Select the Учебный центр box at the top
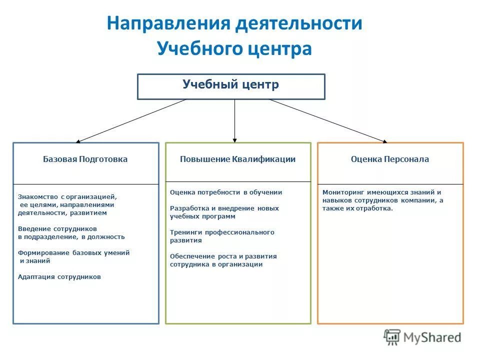click(x=231, y=86)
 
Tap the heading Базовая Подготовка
click(x=85, y=159)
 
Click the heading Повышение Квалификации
click(x=237, y=159)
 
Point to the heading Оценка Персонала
click(x=390, y=159)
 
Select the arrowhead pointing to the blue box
click(x=79, y=141)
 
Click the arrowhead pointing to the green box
click(x=235, y=140)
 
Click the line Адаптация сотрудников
click(x=59, y=276)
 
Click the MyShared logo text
click(x=432, y=337)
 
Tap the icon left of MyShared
click(x=392, y=337)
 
